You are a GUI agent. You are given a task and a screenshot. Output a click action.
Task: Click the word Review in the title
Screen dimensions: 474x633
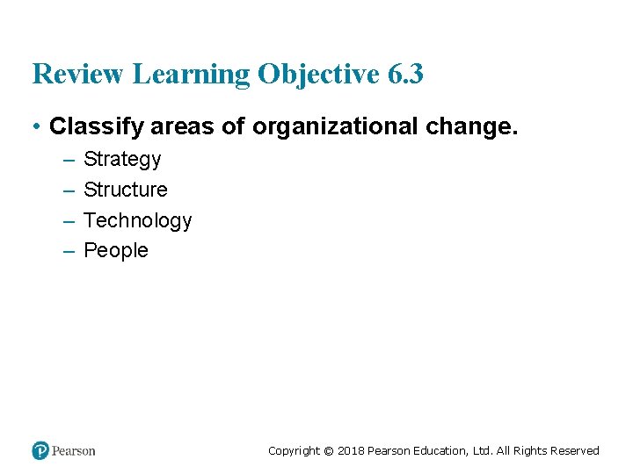click(x=78, y=75)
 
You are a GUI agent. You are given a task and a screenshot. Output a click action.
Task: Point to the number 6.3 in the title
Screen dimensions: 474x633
click(x=405, y=75)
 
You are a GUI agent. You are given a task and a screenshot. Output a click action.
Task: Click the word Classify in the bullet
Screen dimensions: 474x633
click(x=97, y=127)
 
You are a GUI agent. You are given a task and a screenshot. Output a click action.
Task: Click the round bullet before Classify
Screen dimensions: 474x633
click(x=37, y=127)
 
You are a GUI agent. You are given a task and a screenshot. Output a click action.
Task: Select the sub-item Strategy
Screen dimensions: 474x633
click(x=122, y=160)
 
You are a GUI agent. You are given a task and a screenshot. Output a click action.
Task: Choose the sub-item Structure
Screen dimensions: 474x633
click(x=125, y=190)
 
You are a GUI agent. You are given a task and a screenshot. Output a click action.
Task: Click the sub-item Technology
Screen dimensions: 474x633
click(x=137, y=220)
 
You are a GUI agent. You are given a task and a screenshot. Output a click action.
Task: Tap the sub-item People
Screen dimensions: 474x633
click(x=116, y=251)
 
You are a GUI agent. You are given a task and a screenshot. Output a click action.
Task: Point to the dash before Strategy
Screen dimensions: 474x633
click(x=69, y=160)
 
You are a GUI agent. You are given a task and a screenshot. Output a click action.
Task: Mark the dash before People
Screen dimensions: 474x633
click(x=69, y=251)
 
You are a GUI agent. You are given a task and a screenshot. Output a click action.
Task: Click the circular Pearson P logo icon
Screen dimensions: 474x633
click(x=40, y=451)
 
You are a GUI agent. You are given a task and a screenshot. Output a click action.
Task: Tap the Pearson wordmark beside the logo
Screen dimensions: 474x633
click(x=74, y=451)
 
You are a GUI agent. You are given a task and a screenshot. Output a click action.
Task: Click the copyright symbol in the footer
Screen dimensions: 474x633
click(x=328, y=451)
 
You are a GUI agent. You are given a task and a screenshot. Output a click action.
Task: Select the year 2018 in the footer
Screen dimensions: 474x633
click(x=350, y=451)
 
